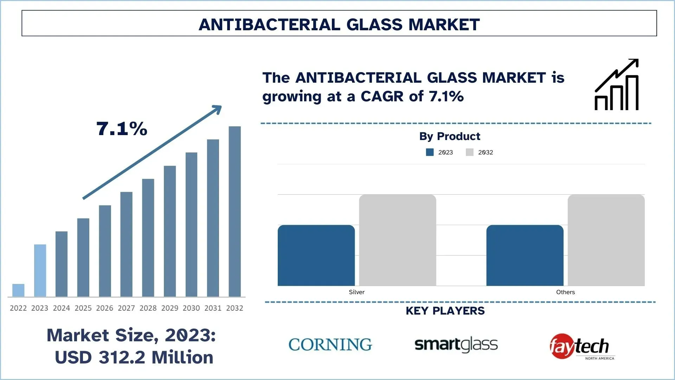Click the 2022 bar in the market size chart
tap(18, 290)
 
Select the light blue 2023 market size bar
tap(40, 270)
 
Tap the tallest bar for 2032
tap(234, 211)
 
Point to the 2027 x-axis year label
tap(126, 308)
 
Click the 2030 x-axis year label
tap(191, 308)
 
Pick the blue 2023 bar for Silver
tap(316, 255)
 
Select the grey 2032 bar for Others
tap(606, 240)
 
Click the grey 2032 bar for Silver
tap(397, 240)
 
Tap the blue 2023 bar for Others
tap(525, 255)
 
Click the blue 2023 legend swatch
tap(430, 152)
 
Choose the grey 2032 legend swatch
tap(469, 152)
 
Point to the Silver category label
tap(356, 292)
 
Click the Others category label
tap(565, 292)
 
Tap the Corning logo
tap(330, 344)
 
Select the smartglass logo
tap(456, 344)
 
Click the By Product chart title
tap(449, 136)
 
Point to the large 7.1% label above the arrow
tap(122, 128)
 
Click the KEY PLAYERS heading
tap(445, 311)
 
